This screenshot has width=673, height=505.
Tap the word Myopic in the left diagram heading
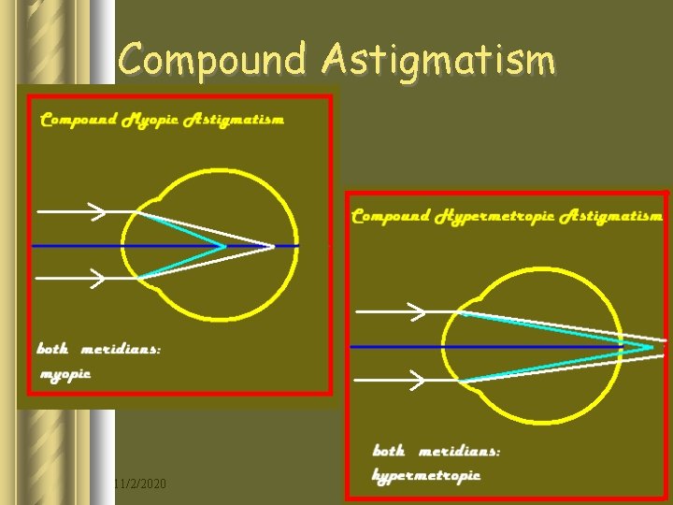coord(150,120)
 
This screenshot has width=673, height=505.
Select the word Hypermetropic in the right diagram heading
coord(493,216)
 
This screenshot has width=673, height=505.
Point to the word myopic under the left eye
coord(64,373)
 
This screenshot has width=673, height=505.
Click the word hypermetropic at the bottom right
coord(426,475)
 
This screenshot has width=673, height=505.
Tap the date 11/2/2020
coord(139,483)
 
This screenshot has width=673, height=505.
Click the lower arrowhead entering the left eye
coord(97,278)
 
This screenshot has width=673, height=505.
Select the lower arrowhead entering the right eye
coord(419,380)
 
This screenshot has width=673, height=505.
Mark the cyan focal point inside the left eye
coord(224,247)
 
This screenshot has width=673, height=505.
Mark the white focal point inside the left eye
coord(272,247)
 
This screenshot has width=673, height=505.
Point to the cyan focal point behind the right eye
coord(652,347)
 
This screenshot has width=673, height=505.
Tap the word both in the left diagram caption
coord(52,349)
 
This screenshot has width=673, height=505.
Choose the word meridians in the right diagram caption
coord(458,451)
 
